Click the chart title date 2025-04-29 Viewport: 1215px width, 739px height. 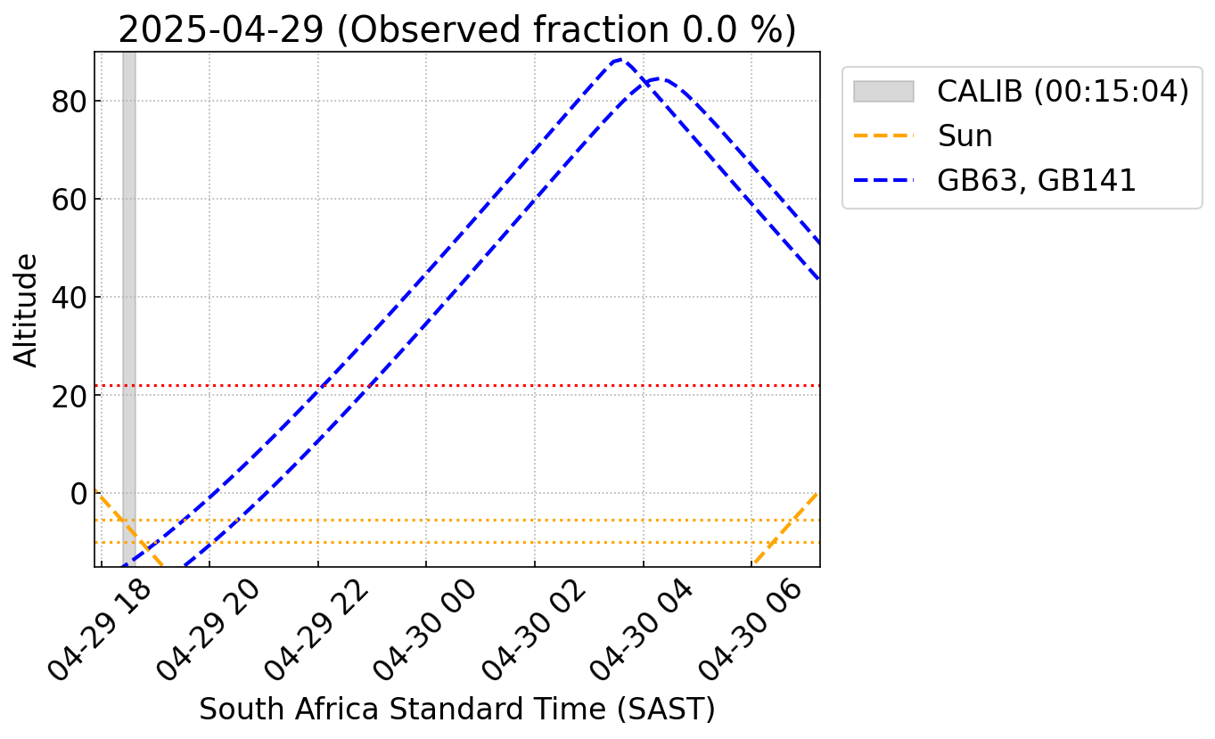[x=221, y=29]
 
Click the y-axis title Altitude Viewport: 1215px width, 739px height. [x=26, y=310]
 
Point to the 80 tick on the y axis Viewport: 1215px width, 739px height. [x=69, y=102]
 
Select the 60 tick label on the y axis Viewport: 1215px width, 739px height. [x=69, y=200]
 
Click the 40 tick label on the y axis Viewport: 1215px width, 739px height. [x=69, y=298]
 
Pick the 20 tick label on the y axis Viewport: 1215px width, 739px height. [x=69, y=397]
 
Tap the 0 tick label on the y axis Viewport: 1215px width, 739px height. [x=78, y=494]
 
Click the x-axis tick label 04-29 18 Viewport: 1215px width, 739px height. [x=100, y=631]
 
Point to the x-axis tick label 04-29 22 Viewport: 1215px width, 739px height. [x=316, y=631]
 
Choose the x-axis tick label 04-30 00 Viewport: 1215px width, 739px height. [x=425, y=631]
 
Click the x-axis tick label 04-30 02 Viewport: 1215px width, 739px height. [x=534, y=631]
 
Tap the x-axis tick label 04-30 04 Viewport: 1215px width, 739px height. [x=642, y=631]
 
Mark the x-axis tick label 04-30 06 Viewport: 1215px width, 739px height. [x=751, y=631]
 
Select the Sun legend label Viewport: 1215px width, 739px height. [x=965, y=135]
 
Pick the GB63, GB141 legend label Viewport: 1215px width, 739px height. [x=1037, y=180]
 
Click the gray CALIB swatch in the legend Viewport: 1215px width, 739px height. [x=883, y=91]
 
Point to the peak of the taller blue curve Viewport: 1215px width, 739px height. [x=620, y=60]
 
